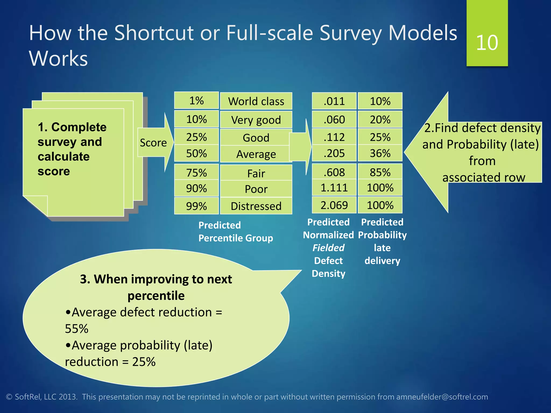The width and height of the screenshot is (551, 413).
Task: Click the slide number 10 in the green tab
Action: click(487, 42)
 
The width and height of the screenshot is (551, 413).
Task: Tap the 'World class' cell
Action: click(256, 101)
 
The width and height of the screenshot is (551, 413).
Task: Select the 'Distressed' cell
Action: click(256, 206)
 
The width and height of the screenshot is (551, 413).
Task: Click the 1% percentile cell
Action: click(196, 101)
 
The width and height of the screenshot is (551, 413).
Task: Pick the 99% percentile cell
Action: click(196, 206)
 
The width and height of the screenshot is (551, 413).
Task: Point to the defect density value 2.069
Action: click(334, 205)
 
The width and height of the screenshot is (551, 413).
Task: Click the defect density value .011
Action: click(334, 101)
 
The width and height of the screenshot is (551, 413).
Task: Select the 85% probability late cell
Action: click(380, 172)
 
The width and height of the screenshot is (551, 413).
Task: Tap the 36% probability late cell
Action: click(380, 153)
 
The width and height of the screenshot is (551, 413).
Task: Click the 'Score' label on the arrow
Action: click(153, 143)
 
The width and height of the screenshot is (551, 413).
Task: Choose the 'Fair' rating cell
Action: click(256, 173)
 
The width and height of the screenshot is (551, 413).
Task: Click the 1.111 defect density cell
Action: click(334, 187)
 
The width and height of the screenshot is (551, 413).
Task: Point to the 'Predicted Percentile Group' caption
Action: click(235, 232)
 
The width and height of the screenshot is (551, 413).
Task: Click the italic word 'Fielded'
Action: click(328, 248)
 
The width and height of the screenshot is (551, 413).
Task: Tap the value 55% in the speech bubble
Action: click(77, 329)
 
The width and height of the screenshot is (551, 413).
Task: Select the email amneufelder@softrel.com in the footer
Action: click(442, 397)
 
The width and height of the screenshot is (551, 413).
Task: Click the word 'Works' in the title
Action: click(58, 58)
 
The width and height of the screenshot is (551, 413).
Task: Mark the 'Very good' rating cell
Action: click(256, 120)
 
